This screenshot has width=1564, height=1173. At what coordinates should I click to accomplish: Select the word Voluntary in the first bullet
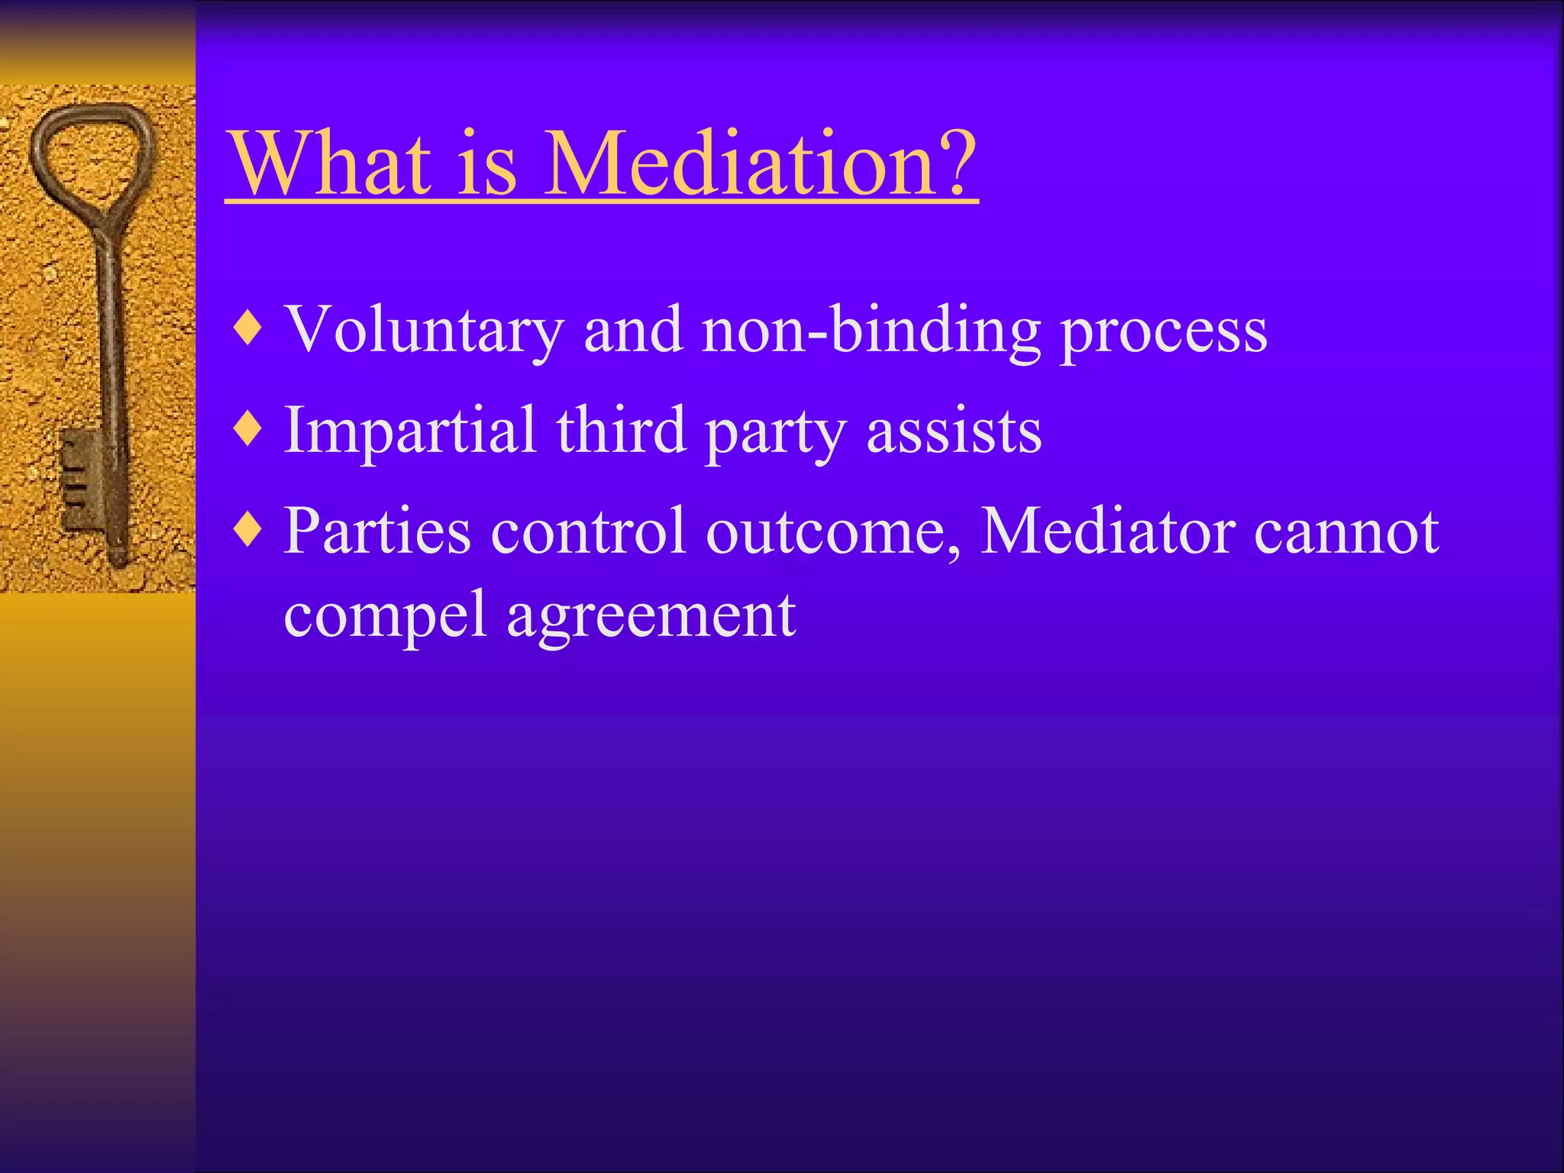423,330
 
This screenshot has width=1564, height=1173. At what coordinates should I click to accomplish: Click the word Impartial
409,431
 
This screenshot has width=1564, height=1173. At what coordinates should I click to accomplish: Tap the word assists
954,431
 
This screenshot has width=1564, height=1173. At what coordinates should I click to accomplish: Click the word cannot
1347,532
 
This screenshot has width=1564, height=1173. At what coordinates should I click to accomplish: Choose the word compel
385,617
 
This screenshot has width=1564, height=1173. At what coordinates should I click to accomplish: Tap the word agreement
651,617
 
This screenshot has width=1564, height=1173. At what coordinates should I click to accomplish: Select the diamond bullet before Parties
249,529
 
